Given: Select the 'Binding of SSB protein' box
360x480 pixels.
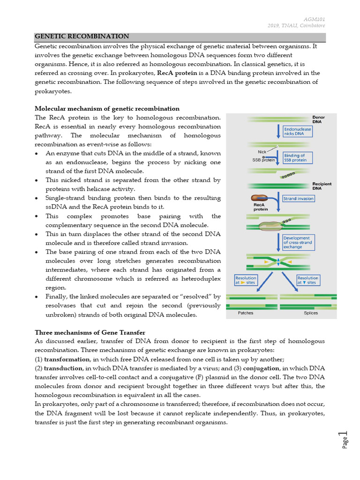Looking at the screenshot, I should tap(297, 157).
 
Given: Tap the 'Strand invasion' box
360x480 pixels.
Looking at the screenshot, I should tap(299, 198).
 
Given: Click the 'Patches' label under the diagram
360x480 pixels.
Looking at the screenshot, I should tap(246, 313).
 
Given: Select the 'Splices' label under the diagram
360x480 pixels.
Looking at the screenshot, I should tap(310, 313).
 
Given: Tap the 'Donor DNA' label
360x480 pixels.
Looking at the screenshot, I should tap(319, 120).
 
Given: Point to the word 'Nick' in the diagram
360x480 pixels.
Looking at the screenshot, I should tap(262, 151).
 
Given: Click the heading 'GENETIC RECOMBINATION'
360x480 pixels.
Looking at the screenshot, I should tap(82, 36).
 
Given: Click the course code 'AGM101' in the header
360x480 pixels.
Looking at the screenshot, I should tap(315, 19).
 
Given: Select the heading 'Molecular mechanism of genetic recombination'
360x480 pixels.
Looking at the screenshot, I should tap(107, 108).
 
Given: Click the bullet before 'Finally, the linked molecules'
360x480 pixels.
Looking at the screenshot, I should tap(37, 297).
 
